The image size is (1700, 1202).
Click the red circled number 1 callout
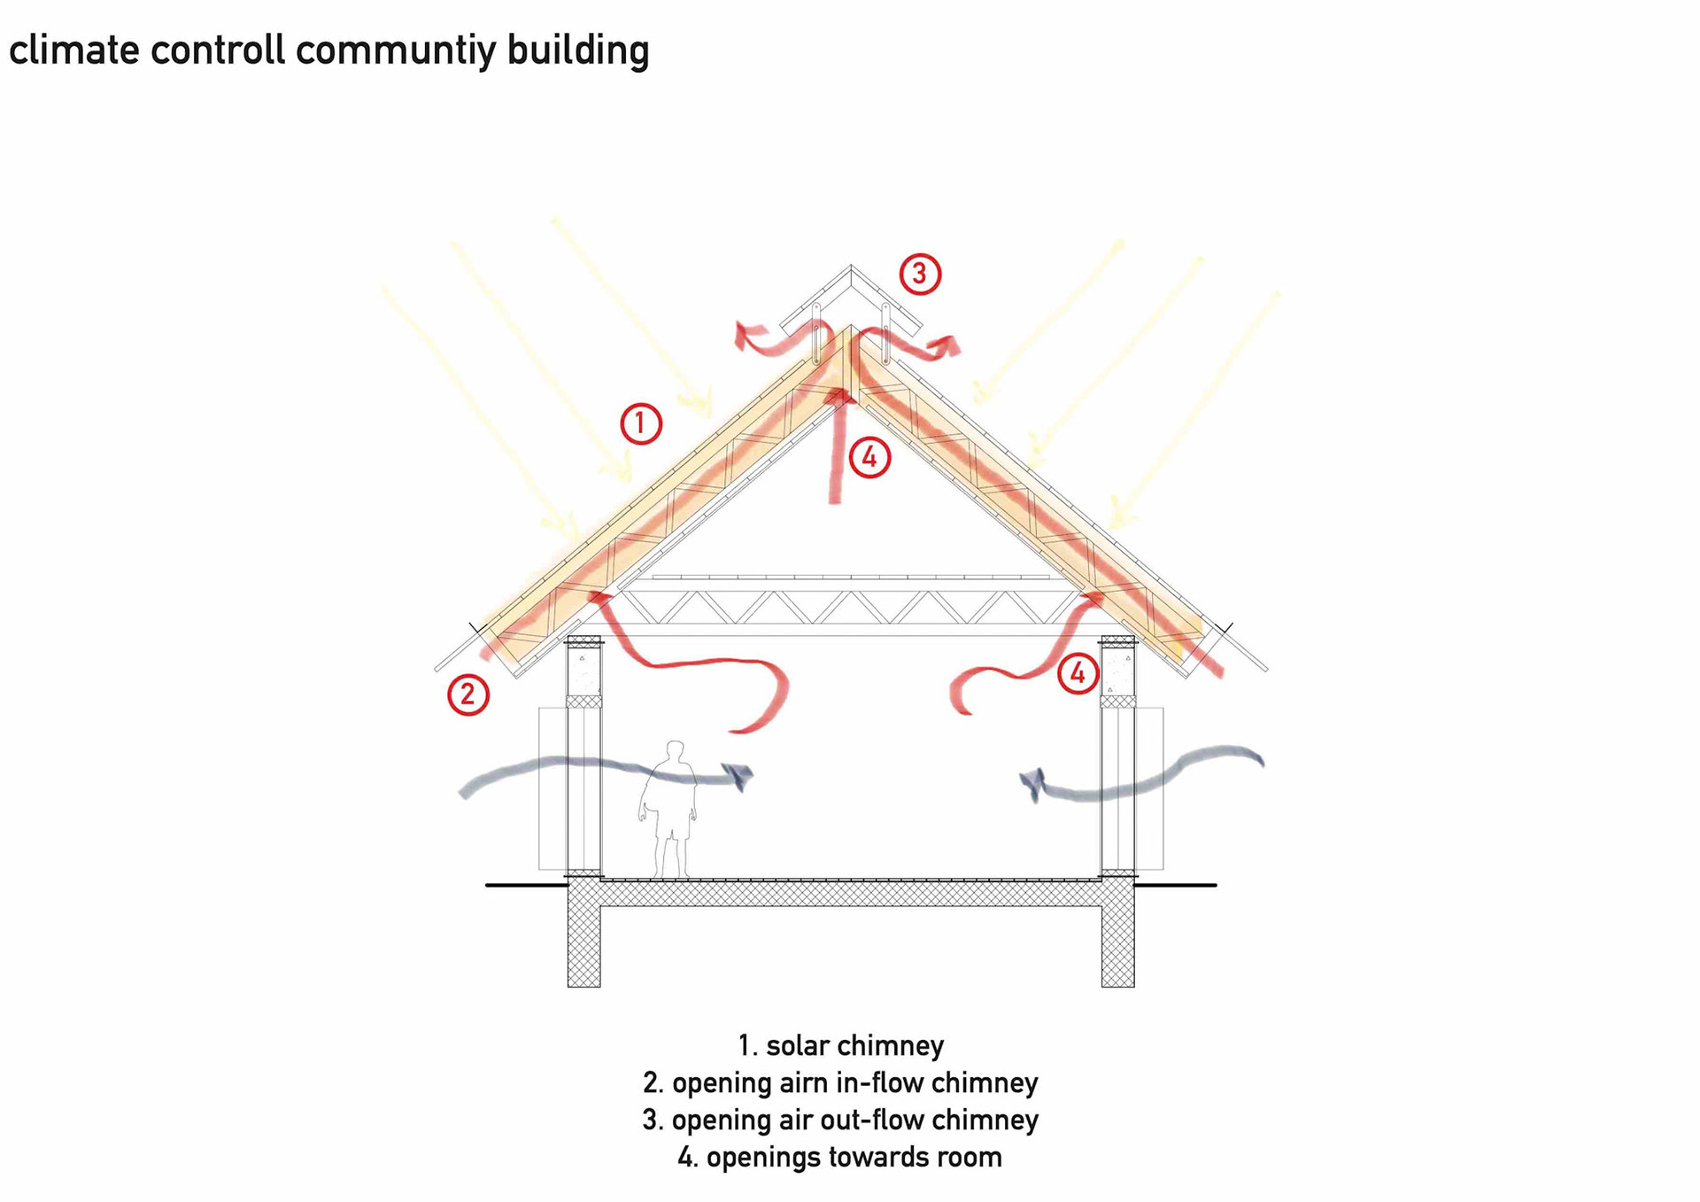(641, 423)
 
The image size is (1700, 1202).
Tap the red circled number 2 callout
(467, 694)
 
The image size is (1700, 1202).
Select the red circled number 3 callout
(920, 274)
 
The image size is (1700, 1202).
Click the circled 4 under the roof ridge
(869, 457)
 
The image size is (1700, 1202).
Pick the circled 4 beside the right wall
(1078, 673)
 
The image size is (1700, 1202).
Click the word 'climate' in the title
(74, 50)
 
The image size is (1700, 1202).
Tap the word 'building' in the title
(578, 51)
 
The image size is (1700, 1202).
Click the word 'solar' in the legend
(798, 1045)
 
